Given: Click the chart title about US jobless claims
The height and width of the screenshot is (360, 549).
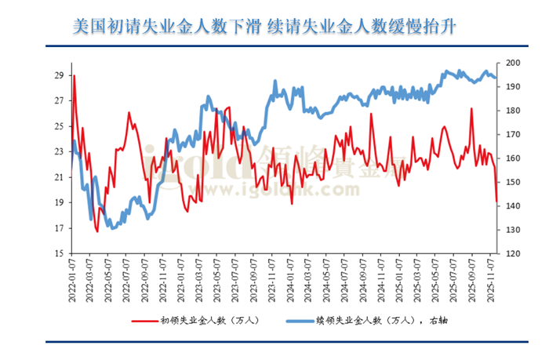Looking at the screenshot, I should tap(264, 27).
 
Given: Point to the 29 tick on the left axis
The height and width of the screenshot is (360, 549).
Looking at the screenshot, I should tap(59, 75).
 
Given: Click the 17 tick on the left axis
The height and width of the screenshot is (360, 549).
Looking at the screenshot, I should tap(59, 228).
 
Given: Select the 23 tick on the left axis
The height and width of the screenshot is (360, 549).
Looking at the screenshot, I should tap(59, 151).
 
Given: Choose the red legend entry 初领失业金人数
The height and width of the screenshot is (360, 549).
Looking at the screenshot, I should tap(204, 320).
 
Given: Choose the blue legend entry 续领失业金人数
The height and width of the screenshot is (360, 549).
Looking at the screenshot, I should tap(369, 320).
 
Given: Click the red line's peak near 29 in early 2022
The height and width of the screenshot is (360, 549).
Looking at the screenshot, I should tap(75, 76).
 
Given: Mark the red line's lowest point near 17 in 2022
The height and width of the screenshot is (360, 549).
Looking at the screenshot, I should tap(97, 231).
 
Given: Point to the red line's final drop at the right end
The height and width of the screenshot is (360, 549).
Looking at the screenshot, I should tap(496, 201).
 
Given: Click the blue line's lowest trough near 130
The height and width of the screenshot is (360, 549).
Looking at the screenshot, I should tap(113, 228).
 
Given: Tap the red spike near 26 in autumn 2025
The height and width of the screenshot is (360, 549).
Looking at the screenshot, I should tap(471, 109).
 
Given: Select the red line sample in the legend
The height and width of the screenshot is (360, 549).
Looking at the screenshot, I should tap(143, 320).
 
